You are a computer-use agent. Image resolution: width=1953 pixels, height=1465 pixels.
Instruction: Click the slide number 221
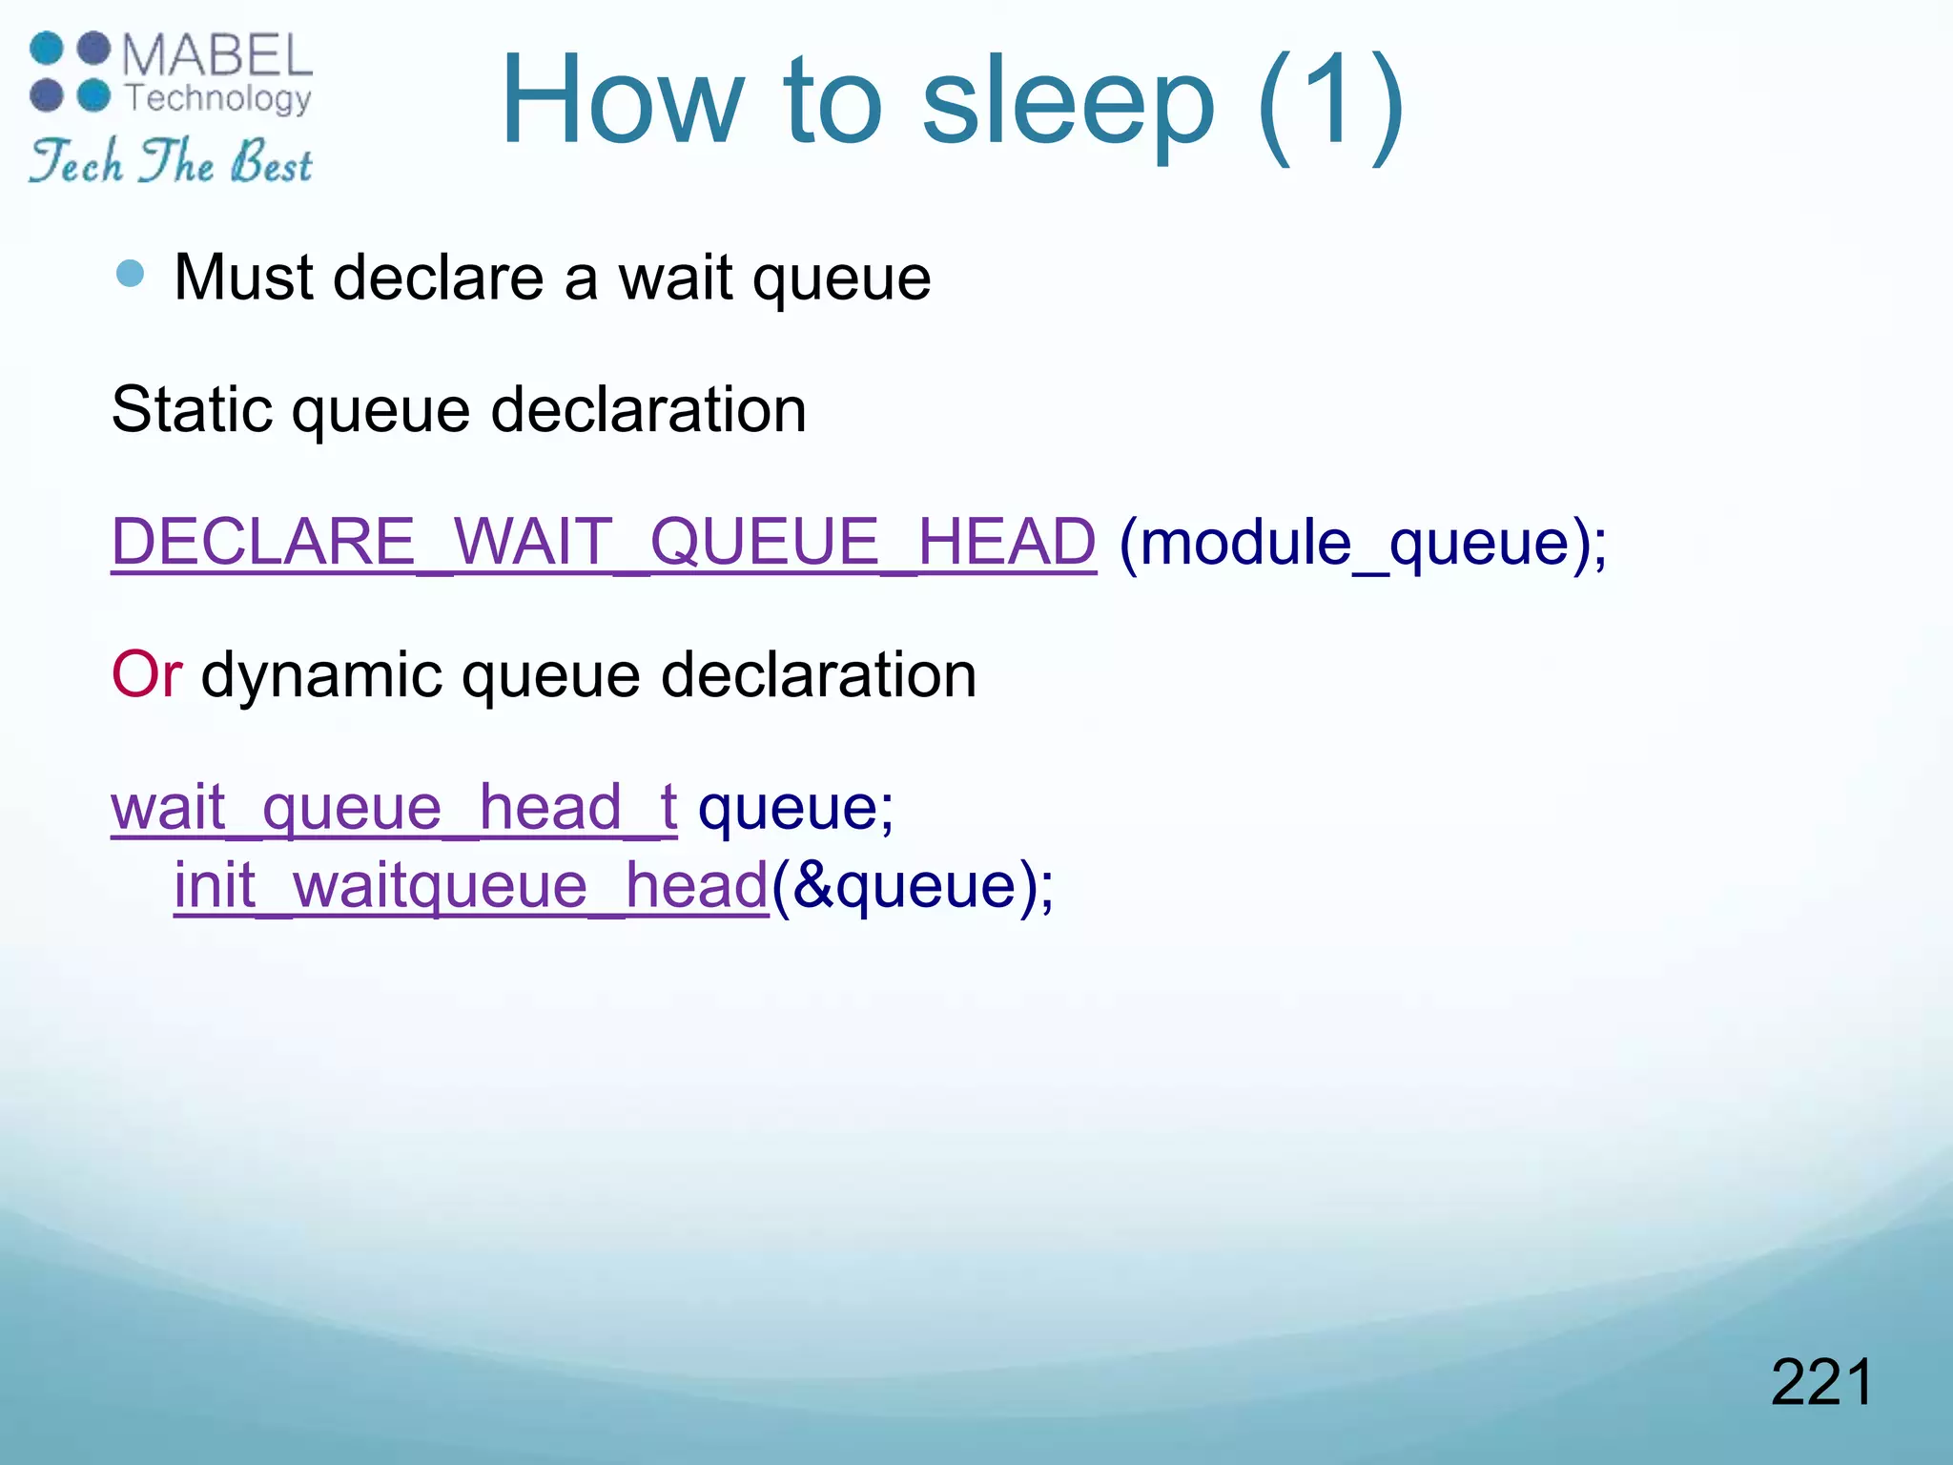coord(1821,1383)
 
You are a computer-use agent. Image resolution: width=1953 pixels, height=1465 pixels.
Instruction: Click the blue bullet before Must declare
coord(130,275)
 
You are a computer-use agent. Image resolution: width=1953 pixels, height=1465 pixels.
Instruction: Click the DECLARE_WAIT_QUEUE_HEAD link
coord(604,542)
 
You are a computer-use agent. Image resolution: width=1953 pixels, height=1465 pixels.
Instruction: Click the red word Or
coord(146,674)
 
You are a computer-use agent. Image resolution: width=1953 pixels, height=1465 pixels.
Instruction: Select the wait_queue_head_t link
coord(394,808)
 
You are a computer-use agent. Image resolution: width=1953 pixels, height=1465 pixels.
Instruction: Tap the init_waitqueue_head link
coord(471,886)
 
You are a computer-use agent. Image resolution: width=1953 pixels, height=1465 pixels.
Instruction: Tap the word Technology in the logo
coord(218,98)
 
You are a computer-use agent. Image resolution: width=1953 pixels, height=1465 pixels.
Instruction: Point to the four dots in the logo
coord(70,72)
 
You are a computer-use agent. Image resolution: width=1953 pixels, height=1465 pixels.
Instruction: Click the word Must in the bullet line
coord(244,278)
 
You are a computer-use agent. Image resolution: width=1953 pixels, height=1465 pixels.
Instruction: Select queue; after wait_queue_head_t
coord(795,809)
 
